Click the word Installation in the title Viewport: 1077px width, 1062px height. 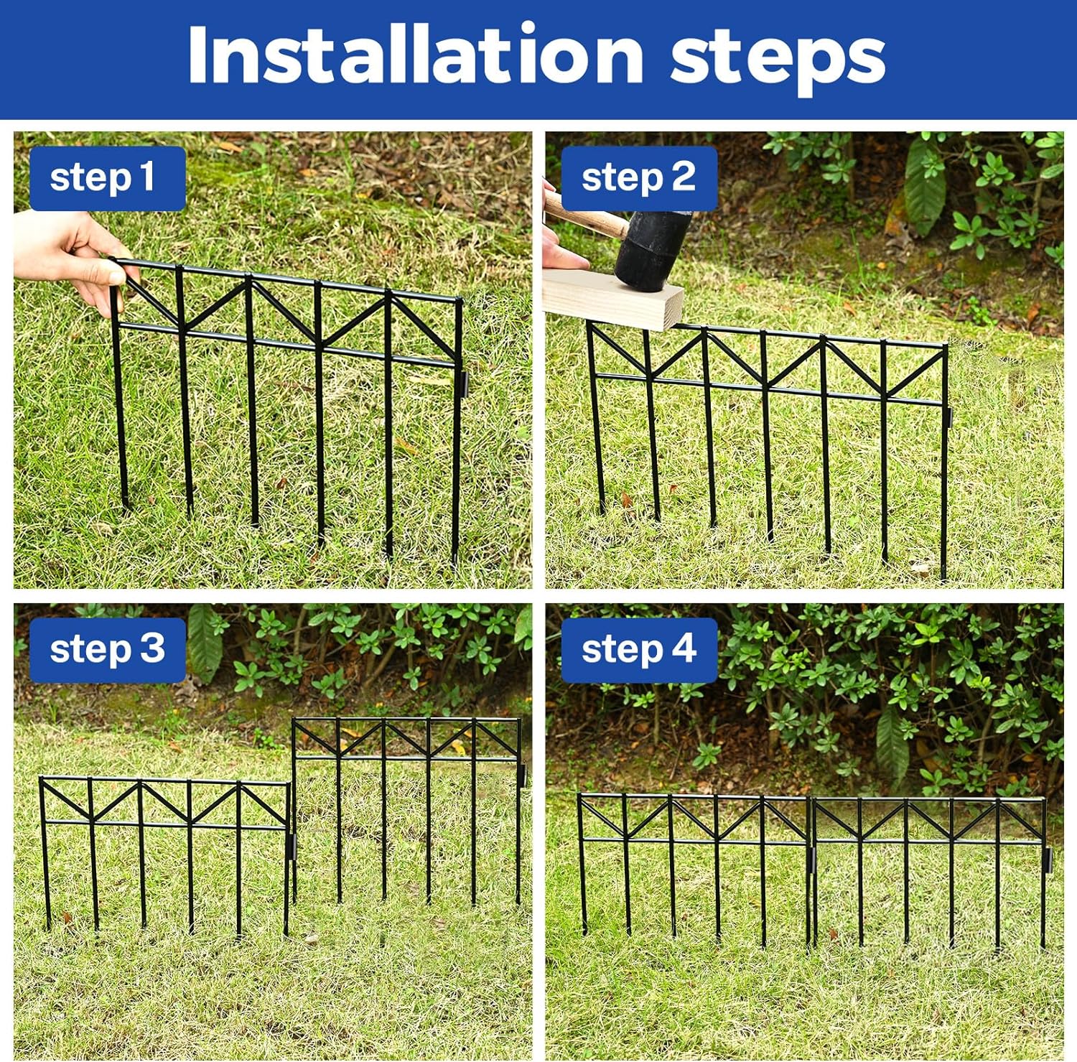coord(416,55)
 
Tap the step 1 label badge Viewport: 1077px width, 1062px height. coord(108,178)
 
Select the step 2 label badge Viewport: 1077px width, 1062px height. coord(639,178)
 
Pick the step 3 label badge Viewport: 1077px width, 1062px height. coord(108,650)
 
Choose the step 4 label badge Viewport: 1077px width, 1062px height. coord(639,650)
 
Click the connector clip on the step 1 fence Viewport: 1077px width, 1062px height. coord(465,384)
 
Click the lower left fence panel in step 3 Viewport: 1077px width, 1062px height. coord(165,854)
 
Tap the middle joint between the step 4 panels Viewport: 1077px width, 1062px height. coord(810,859)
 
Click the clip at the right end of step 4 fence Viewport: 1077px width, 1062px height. coord(1047,859)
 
